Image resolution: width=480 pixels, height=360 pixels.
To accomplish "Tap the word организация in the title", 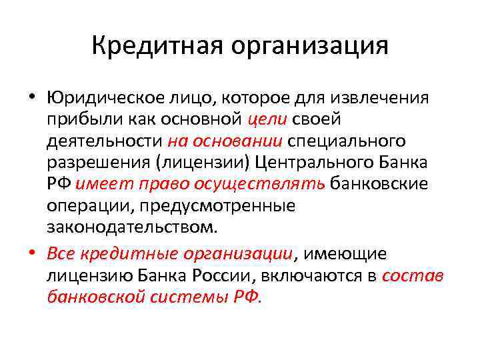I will pyautogui.click(x=309, y=48).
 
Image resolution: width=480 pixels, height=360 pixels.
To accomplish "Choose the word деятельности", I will pyautogui.click(x=105, y=141).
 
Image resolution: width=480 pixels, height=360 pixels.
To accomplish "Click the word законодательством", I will pyautogui.click(x=132, y=226).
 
